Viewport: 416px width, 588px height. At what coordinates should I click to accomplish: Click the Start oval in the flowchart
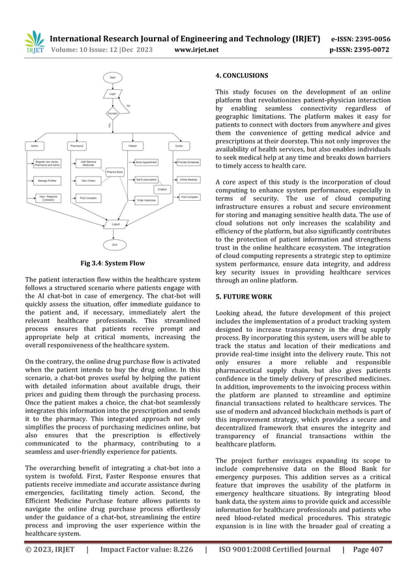click(x=113, y=78)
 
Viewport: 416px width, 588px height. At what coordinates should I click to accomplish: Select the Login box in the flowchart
click(x=113, y=94)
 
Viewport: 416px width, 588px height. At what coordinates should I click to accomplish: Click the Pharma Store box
click(x=116, y=171)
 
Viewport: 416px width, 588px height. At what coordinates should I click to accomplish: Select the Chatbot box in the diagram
click(x=162, y=189)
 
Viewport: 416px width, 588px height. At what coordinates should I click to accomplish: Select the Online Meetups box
click(x=189, y=179)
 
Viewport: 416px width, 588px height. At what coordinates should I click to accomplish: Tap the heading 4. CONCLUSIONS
click(x=241, y=76)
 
